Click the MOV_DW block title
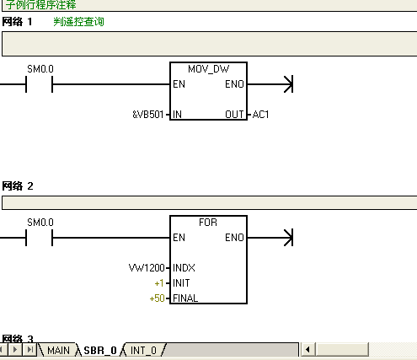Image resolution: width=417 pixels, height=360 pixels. tap(208, 69)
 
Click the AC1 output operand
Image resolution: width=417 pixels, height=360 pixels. tap(260, 113)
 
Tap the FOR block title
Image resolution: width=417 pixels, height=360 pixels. tap(208, 223)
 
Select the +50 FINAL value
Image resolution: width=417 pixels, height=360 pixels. tap(156, 298)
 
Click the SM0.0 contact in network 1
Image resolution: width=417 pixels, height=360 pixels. tap(40, 83)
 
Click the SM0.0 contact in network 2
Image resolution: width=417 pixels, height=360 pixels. tap(40, 237)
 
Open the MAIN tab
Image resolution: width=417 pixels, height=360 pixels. tap(58, 350)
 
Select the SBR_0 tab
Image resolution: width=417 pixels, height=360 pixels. tap(99, 350)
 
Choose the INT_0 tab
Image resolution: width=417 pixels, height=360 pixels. tap(143, 350)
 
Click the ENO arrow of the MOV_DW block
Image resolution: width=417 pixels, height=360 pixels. tap(286, 83)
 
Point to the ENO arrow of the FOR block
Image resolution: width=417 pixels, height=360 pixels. tap(286, 237)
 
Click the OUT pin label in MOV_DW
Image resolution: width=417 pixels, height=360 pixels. tap(235, 113)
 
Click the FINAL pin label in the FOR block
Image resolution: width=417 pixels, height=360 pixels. tap(185, 298)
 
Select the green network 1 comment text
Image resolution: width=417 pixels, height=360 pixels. tap(85, 21)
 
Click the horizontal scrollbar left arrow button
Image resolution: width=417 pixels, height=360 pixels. tap(308, 350)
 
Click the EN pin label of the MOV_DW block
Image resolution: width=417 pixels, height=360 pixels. tap(179, 83)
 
